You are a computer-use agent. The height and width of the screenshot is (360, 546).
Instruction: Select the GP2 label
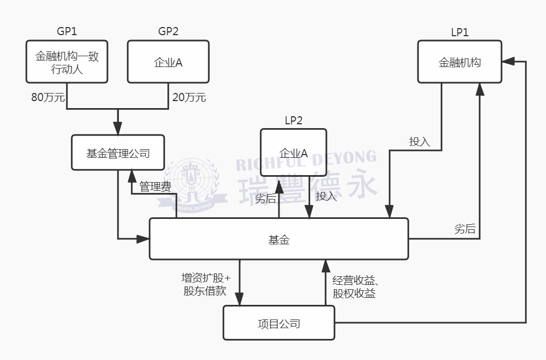(x=168, y=31)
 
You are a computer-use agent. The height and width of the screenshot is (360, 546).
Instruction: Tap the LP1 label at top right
(x=460, y=32)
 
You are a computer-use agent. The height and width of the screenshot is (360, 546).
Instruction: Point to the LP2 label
(x=294, y=121)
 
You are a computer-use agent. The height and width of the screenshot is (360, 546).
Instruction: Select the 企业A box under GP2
(x=168, y=62)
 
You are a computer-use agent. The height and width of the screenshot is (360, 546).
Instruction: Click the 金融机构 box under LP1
(x=460, y=62)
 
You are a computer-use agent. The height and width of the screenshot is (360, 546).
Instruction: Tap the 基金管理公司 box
(x=118, y=153)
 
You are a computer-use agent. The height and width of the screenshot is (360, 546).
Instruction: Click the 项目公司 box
(x=279, y=323)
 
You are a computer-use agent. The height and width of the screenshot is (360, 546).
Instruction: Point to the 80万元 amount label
(x=48, y=98)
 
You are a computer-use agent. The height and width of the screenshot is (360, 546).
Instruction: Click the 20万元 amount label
(x=189, y=98)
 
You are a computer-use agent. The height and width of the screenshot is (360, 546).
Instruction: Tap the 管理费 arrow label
(x=156, y=187)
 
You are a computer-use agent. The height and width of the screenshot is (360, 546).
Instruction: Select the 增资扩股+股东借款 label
(x=205, y=284)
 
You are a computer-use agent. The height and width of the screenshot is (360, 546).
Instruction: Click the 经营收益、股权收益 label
(x=354, y=286)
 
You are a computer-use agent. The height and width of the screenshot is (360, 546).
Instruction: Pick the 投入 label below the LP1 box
(x=420, y=142)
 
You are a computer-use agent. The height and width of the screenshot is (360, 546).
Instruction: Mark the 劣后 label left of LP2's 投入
(x=265, y=198)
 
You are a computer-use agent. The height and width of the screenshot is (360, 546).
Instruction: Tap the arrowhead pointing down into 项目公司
(x=239, y=301)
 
